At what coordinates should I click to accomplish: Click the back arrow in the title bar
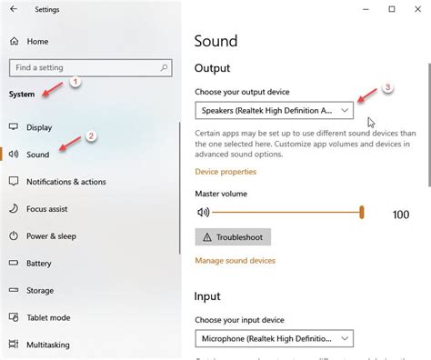pos(13,10)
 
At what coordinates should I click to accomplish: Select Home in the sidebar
pos(37,42)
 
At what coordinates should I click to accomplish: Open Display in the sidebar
pos(39,127)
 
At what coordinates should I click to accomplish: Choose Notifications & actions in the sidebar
pos(65,182)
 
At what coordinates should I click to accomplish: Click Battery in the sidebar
pos(39,264)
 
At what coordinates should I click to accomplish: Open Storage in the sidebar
pos(40,291)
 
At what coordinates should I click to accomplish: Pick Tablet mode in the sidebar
pos(48,318)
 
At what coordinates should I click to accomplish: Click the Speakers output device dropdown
pos(274,110)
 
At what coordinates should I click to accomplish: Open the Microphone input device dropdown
pos(274,339)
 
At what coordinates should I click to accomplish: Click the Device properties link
pos(226,171)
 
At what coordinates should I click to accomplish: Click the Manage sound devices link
pos(235,261)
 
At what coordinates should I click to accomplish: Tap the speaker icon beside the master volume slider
pos(203,213)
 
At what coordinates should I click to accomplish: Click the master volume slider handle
pos(362,213)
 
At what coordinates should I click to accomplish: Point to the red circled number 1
pos(76,82)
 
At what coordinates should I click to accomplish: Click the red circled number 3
pos(386,88)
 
